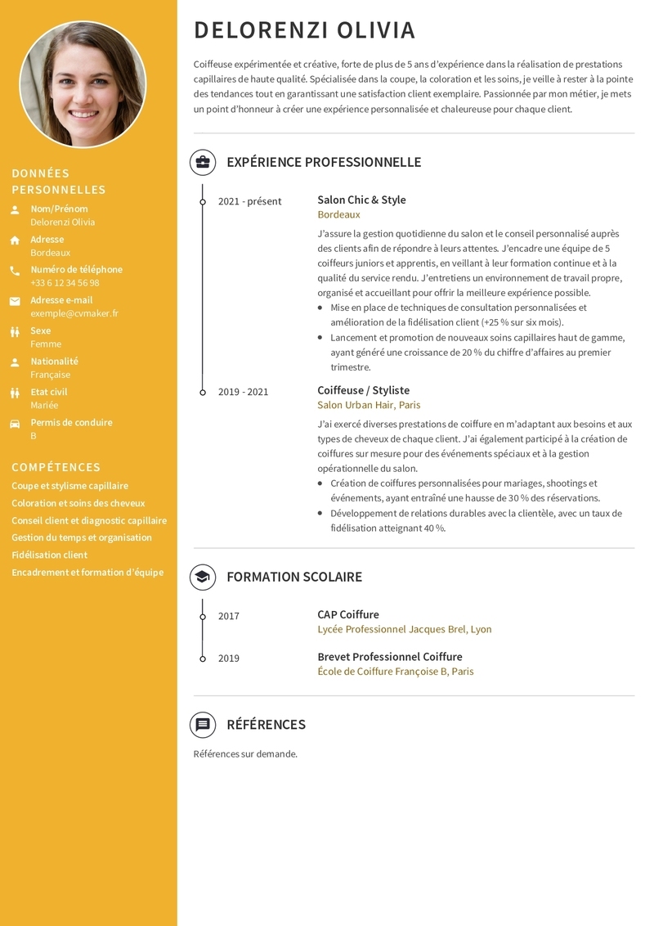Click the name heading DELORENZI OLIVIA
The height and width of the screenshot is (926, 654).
coord(304,30)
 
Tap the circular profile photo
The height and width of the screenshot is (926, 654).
coord(83,84)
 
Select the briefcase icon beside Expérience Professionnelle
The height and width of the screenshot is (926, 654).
coord(203,162)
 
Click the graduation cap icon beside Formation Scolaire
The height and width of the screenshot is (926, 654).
coord(203,577)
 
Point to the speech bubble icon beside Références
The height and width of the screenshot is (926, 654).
coord(203,724)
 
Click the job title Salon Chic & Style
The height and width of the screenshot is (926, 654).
coord(361,200)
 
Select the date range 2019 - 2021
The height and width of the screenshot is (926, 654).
coord(243,392)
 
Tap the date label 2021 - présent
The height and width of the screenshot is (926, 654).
coord(249,201)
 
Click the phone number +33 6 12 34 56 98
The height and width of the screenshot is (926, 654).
coord(65,283)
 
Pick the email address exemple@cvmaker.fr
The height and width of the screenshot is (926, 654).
coord(74,313)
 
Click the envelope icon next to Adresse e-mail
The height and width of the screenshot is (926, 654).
coord(15,301)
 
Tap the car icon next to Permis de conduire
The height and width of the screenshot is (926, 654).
coord(15,424)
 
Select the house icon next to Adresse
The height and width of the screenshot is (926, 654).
coord(15,240)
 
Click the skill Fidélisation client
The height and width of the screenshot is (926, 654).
coord(49,555)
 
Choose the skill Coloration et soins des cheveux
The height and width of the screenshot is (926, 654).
coord(78,503)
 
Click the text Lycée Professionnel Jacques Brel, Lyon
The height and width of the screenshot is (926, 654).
coord(404,629)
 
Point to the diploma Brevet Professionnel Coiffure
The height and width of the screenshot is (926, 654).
coord(389,657)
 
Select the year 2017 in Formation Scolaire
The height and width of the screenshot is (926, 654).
coord(229,616)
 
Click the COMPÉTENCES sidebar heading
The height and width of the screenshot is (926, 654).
coord(56,467)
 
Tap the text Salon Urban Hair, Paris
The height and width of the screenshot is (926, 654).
coord(369,405)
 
